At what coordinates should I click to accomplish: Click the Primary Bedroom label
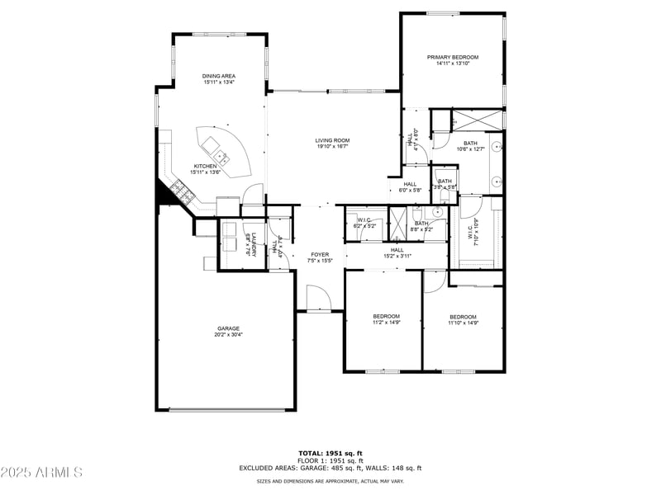[x=453, y=57]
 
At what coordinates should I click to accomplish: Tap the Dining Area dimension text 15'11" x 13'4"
[x=219, y=82]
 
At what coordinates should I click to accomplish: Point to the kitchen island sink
[x=219, y=153]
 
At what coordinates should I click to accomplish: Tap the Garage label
[x=229, y=328]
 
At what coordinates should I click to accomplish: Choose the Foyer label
[x=320, y=254]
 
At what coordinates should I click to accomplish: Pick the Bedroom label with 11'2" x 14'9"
[x=386, y=316]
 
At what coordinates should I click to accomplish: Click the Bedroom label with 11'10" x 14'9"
[x=463, y=317]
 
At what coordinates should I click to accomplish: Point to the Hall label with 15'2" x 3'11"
[x=397, y=249]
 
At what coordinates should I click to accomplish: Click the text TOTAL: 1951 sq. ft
[x=330, y=453]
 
